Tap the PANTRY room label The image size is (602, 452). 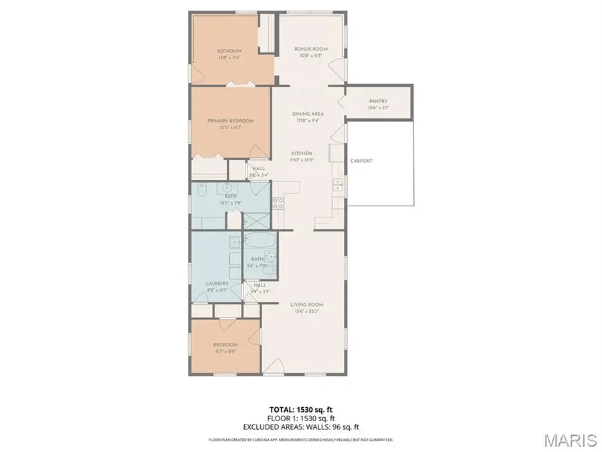[377, 102]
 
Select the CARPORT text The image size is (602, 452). [361, 161]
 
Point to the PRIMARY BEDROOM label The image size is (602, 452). [230, 121]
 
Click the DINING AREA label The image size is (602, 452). [308, 114]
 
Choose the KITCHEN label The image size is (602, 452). [301, 153]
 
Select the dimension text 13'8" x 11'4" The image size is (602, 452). [229, 58]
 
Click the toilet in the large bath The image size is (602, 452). [228, 188]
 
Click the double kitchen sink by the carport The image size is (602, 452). [338, 182]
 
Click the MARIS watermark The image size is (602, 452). [570, 440]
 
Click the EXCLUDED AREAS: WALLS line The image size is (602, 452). [300, 426]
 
